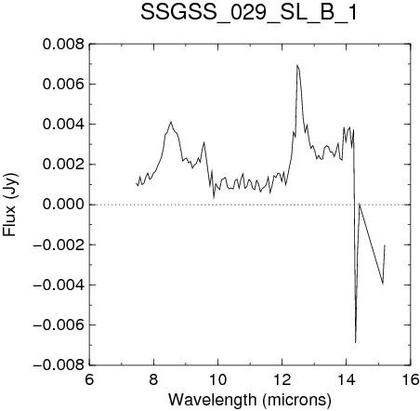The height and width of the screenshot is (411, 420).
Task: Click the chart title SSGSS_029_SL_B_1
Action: tap(249, 13)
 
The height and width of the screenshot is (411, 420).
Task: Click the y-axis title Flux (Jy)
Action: tap(10, 205)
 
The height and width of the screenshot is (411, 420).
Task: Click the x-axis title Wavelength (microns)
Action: tap(250, 400)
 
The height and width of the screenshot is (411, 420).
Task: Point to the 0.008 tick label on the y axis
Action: tap(63, 45)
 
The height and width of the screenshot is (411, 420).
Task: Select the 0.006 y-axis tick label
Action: tap(63, 85)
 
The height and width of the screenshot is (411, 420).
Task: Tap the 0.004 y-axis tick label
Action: tap(63, 125)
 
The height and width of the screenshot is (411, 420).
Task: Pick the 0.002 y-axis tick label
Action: tap(63, 165)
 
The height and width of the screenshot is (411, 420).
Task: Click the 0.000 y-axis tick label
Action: tap(63, 205)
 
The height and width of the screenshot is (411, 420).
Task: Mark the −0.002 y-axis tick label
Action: tap(59, 245)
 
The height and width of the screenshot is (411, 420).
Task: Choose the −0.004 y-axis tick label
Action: tap(59, 285)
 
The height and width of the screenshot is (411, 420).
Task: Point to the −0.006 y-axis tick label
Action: tap(59, 325)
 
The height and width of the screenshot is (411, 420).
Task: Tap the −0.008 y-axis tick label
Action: tap(59, 365)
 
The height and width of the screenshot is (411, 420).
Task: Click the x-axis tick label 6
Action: tap(89, 379)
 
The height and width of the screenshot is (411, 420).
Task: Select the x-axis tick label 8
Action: tap(153, 379)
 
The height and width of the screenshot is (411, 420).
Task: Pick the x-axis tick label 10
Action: tap(217, 379)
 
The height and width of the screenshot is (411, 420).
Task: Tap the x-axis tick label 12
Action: tap(282, 379)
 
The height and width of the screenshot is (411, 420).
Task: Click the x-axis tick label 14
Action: tap(347, 379)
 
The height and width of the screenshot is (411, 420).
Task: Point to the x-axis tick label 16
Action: tap(411, 379)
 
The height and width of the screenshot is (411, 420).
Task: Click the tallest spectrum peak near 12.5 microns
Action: tap(296, 65)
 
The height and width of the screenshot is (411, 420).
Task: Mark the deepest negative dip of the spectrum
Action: tap(356, 342)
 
